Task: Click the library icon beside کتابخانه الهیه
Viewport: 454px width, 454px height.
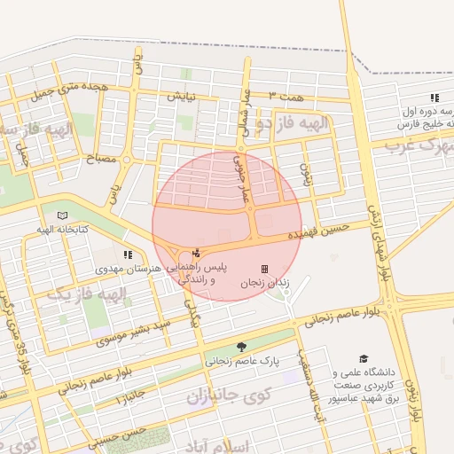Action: [x=61, y=215]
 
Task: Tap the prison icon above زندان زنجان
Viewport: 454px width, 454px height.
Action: [x=263, y=269]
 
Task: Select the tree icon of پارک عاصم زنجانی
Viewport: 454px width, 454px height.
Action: [x=242, y=347]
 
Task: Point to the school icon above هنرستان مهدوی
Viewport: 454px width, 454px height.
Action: [x=129, y=254]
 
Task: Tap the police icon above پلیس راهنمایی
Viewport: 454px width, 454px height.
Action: [x=196, y=253]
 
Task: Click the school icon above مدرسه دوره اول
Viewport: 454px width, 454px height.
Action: [x=434, y=98]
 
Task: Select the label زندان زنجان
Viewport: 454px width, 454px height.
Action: [x=263, y=284]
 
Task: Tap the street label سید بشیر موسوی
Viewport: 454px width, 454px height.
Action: [x=129, y=332]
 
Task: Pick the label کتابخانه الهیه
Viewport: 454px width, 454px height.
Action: [x=62, y=230]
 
